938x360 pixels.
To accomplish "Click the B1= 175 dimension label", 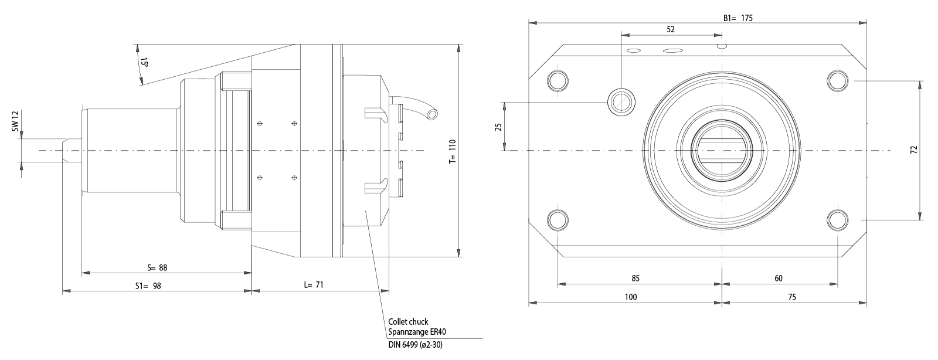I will tap(738, 18).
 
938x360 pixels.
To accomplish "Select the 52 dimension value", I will tap(671, 29).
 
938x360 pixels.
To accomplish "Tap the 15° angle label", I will tap(144, 62).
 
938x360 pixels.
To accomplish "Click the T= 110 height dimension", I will tap(452, 151).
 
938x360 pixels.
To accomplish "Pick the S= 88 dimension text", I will tap(157, 268).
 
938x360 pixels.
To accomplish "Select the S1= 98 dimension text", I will tap(148, 286).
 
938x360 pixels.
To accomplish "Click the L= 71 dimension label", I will tap(314, 285).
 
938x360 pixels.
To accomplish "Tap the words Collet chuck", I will tap(408, 322).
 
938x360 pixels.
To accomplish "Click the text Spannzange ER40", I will tap(417, 332).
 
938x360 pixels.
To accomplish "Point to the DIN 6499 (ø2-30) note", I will tap(415, 345).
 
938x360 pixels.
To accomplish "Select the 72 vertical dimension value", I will tap(913, 150).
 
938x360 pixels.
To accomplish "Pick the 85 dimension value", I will tap(636, 279).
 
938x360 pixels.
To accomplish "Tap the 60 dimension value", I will tap(779, 279).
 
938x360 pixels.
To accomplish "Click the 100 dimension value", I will tap(631, 297).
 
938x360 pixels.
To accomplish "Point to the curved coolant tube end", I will tap(432, 113).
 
